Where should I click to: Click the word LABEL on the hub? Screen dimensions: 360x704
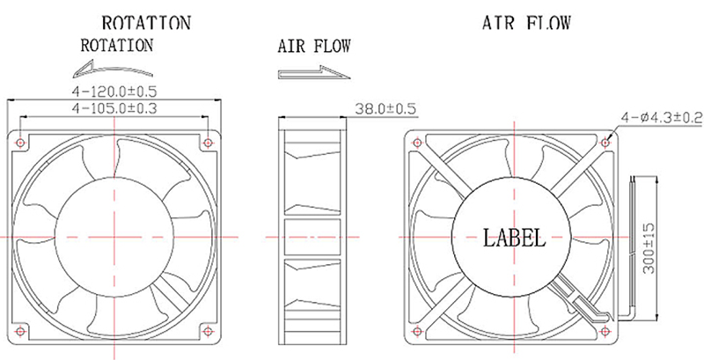tap(515, 237)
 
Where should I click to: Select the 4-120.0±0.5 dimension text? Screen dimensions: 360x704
tap(114, 91)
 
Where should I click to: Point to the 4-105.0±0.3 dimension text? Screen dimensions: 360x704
tap(114, 108)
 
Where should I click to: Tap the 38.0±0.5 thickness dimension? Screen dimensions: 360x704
tap(385, 110)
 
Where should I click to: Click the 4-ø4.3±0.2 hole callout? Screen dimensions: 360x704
tap(661, 116)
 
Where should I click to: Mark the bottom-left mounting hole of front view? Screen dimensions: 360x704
tap(21, 331)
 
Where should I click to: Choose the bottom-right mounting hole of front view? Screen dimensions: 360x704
tap(207, 331)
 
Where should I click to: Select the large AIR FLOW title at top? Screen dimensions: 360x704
tap(526, 22)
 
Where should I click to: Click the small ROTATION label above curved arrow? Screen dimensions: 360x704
tap(116, 44)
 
